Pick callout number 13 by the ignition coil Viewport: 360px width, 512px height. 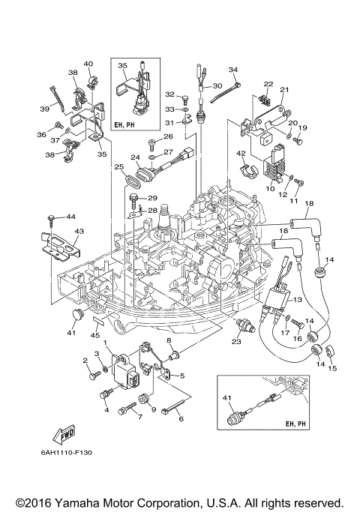pyautogui.click(x=298, y=299)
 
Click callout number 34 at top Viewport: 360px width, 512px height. pyautogui.click(x=232, y=70)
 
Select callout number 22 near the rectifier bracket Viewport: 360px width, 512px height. pyautogui.click(x=268, y=84)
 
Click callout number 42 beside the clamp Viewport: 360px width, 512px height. pyautogui.click(x=241, y=154)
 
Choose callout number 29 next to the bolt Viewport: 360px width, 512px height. pyautogui.click(x=152, y=198)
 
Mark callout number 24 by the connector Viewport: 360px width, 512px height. pyautogui.click(x=136, y=158)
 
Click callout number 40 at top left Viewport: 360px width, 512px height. pyautogui.click(x=88, y=64)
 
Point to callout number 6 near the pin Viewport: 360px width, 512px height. pyautogui.click(x=180, y=419)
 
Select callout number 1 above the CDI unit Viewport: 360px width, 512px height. pyautogui.click(x=106, y=343)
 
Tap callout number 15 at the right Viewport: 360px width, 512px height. pyautogui.click(x=334, y=368)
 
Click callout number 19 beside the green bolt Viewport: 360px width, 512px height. pyautogui.click(x=303, y=128)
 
